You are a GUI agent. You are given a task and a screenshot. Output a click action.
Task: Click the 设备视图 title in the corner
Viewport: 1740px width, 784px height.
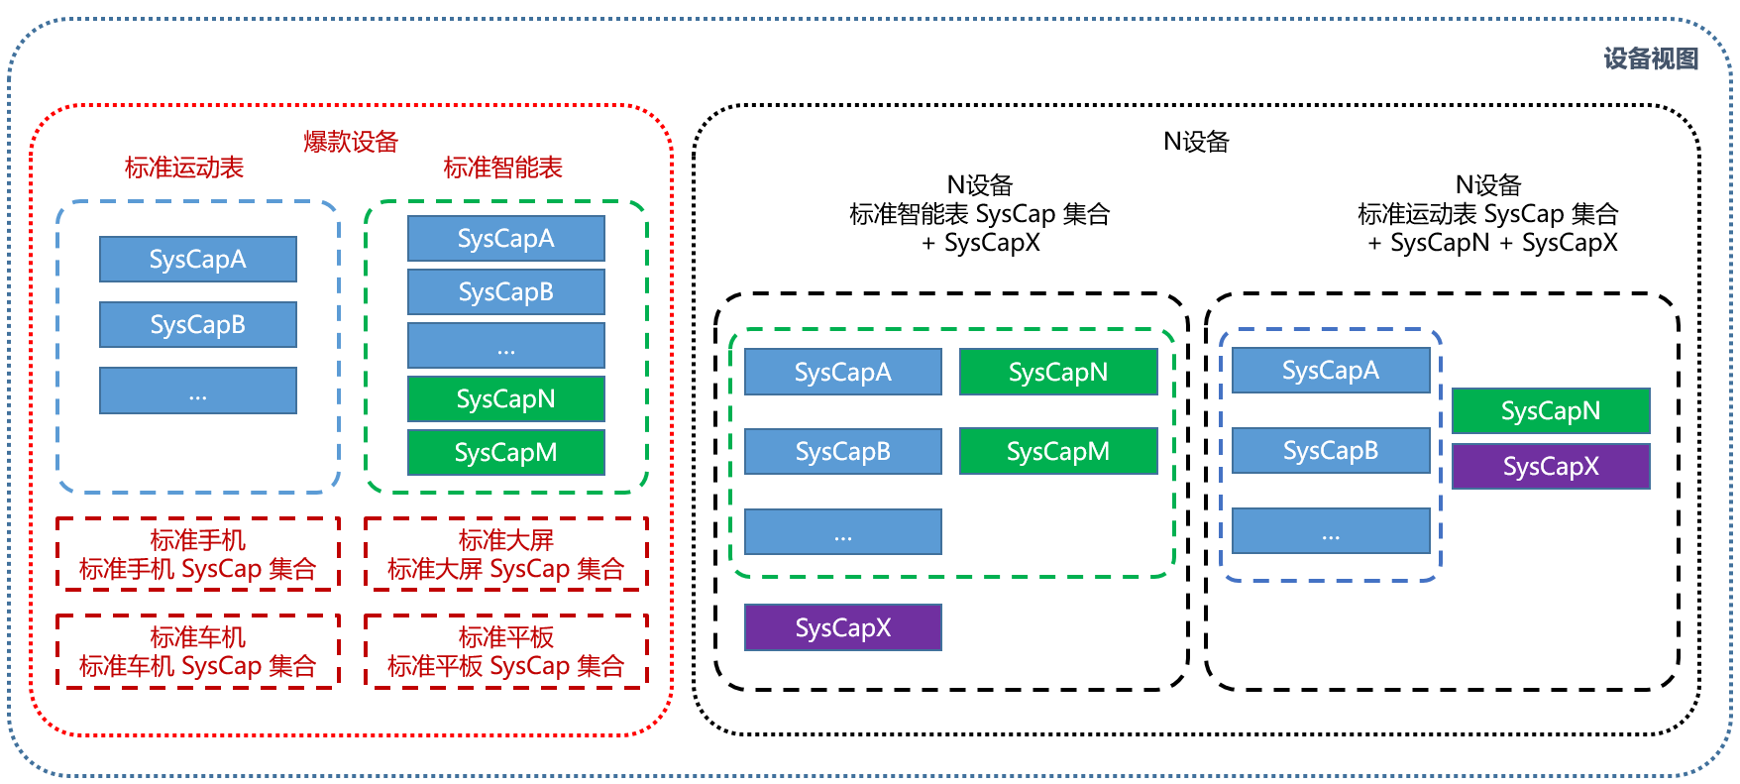1650,59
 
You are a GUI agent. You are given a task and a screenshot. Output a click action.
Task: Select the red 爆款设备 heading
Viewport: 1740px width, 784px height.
351,142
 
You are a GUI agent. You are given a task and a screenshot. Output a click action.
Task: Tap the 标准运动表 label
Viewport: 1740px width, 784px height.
184,168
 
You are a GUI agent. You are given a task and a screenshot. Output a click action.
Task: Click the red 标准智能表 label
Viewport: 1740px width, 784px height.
502,168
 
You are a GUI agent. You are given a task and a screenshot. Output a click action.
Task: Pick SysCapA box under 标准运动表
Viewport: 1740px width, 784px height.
198,260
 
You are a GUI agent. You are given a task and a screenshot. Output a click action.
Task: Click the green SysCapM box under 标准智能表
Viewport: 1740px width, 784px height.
505,453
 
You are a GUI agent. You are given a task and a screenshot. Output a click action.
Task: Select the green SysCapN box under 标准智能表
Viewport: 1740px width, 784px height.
505,399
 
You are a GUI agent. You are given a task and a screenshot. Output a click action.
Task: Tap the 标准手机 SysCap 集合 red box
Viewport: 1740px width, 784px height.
198,555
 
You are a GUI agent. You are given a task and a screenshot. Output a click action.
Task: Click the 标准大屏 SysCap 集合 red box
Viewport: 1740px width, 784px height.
505,555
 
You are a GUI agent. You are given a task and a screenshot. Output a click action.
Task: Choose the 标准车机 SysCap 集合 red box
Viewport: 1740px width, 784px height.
198,651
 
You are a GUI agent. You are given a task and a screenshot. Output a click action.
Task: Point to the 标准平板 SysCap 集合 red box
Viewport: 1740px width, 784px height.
505,651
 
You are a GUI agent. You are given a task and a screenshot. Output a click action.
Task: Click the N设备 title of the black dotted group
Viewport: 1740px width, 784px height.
1196,142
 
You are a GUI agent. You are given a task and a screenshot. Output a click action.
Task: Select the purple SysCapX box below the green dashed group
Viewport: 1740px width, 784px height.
842,627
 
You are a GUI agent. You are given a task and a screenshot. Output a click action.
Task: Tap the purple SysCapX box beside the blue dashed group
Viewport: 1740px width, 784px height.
1551,466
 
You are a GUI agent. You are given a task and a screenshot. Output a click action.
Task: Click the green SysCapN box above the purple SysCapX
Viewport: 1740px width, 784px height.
1551,410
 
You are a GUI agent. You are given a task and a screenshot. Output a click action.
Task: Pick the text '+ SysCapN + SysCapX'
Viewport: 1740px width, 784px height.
1492,243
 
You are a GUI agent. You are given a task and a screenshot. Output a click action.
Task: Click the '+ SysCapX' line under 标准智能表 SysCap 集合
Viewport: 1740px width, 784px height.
980,243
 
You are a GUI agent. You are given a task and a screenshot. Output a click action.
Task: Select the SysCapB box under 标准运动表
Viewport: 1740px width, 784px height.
198,325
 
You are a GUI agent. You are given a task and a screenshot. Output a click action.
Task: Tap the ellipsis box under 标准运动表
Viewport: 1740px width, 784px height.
198,391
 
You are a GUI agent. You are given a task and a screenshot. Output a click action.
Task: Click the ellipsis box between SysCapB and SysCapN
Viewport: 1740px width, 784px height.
505,346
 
